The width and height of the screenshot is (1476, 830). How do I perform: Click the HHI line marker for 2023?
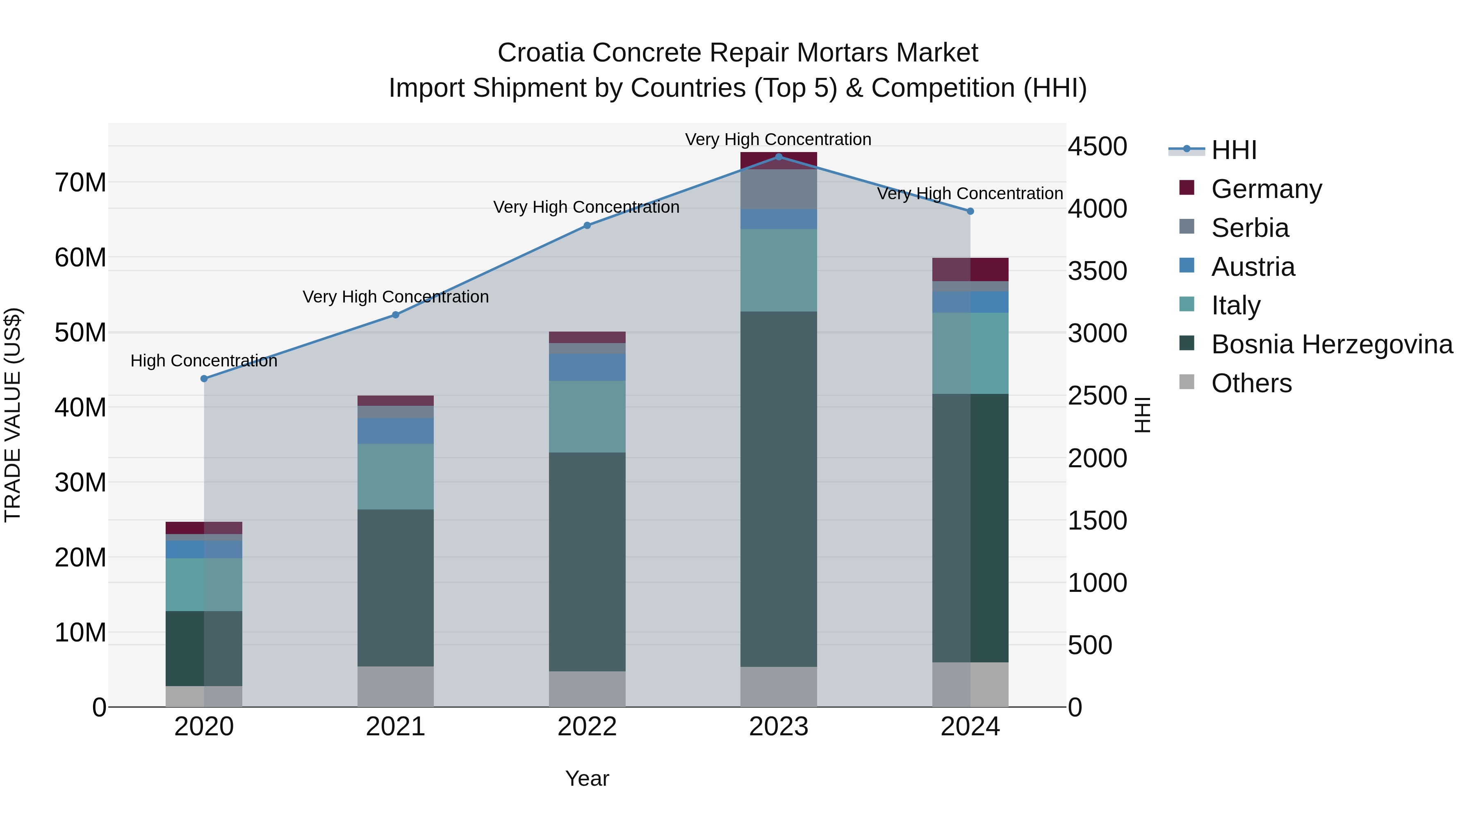[x=778, y=157]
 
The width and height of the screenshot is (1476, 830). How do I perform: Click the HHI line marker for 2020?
[x=204, y=379]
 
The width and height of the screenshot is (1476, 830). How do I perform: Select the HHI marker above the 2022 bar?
[x=587, y=226]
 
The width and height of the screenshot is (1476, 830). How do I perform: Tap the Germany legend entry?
[x=1266, y=189]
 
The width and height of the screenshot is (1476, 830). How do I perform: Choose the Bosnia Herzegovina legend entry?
[x=1332, y=344]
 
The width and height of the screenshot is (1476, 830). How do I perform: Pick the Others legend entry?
[x=1251, y=383]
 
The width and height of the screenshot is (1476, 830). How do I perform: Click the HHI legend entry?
[x=1234, y=150]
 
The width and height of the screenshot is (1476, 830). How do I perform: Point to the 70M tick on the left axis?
[x=80, y=183]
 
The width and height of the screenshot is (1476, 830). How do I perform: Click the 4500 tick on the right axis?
[x=1097, y=147]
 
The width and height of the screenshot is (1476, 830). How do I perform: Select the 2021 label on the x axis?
[x=395, y=727]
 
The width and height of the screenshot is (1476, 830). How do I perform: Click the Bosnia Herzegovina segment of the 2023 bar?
[x=778, y=489]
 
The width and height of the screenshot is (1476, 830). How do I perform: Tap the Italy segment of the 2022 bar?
[x=587, y=416]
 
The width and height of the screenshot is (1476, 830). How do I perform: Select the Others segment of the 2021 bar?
[x=395, y=686]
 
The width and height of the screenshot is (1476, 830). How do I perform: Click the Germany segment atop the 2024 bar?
[x=970, y=269]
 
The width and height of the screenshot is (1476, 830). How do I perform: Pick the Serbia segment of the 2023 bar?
[x=778, y=190]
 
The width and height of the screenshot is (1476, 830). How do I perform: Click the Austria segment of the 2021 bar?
[x=395, y=431]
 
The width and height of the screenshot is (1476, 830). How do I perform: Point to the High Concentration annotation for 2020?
[x=204, y=361]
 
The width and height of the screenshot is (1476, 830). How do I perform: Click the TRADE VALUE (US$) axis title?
[x=13, y=415]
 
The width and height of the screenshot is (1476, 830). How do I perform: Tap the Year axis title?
[x=587, y=778]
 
